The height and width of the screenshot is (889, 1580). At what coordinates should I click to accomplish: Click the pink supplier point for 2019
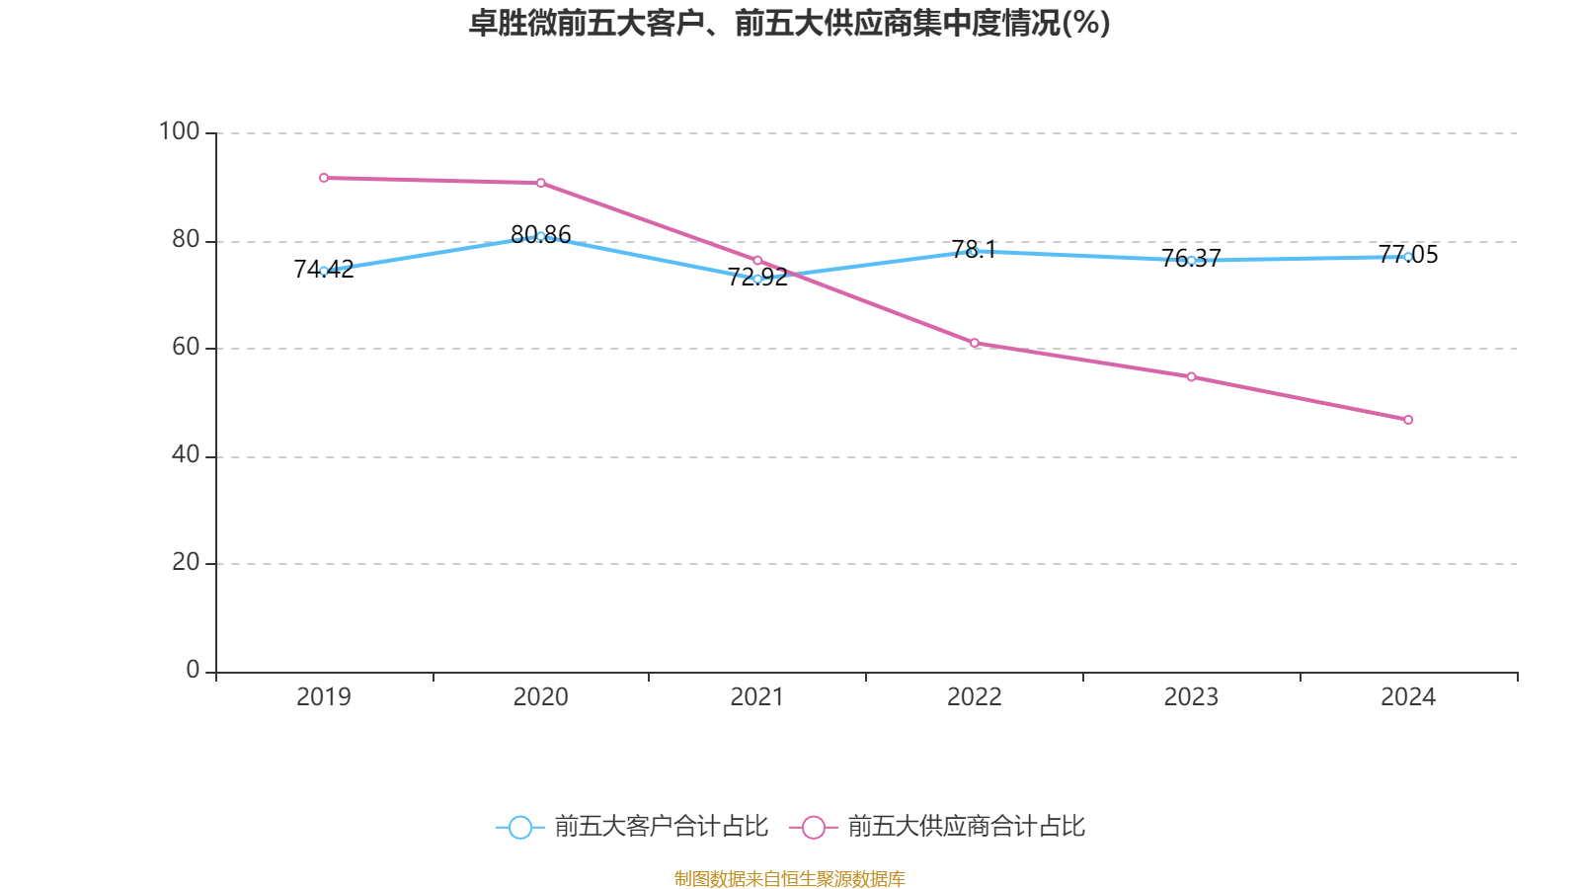324,178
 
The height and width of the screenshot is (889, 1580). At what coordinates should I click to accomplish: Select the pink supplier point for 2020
541,183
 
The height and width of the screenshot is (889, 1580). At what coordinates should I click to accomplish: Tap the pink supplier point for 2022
975,343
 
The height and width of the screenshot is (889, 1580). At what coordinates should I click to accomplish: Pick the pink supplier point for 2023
1192,376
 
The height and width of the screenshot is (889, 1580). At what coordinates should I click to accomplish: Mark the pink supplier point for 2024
1408,420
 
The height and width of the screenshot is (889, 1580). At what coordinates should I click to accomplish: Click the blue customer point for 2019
324,271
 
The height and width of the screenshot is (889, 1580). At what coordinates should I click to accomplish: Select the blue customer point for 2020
541,236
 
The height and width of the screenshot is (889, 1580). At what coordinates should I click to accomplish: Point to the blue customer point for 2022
973,251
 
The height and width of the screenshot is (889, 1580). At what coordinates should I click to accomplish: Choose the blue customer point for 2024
1408,257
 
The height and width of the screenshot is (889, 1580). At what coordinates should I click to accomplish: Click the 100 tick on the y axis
180,131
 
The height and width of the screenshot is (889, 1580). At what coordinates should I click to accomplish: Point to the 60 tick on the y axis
185,347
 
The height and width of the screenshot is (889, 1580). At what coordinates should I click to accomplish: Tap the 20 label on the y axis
185,562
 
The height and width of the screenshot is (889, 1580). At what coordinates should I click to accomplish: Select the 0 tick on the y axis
193,670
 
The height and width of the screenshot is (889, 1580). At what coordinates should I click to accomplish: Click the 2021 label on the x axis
756,697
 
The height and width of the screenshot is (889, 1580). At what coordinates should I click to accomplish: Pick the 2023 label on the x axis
1191,697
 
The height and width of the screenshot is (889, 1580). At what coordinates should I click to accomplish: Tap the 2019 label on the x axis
324,697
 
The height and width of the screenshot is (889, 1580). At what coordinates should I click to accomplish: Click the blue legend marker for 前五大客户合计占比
519,827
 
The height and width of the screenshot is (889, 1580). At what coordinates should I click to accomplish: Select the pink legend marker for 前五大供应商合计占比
814,827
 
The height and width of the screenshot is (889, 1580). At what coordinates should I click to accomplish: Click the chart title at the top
789,23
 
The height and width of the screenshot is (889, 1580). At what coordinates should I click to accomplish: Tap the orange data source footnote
789,878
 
